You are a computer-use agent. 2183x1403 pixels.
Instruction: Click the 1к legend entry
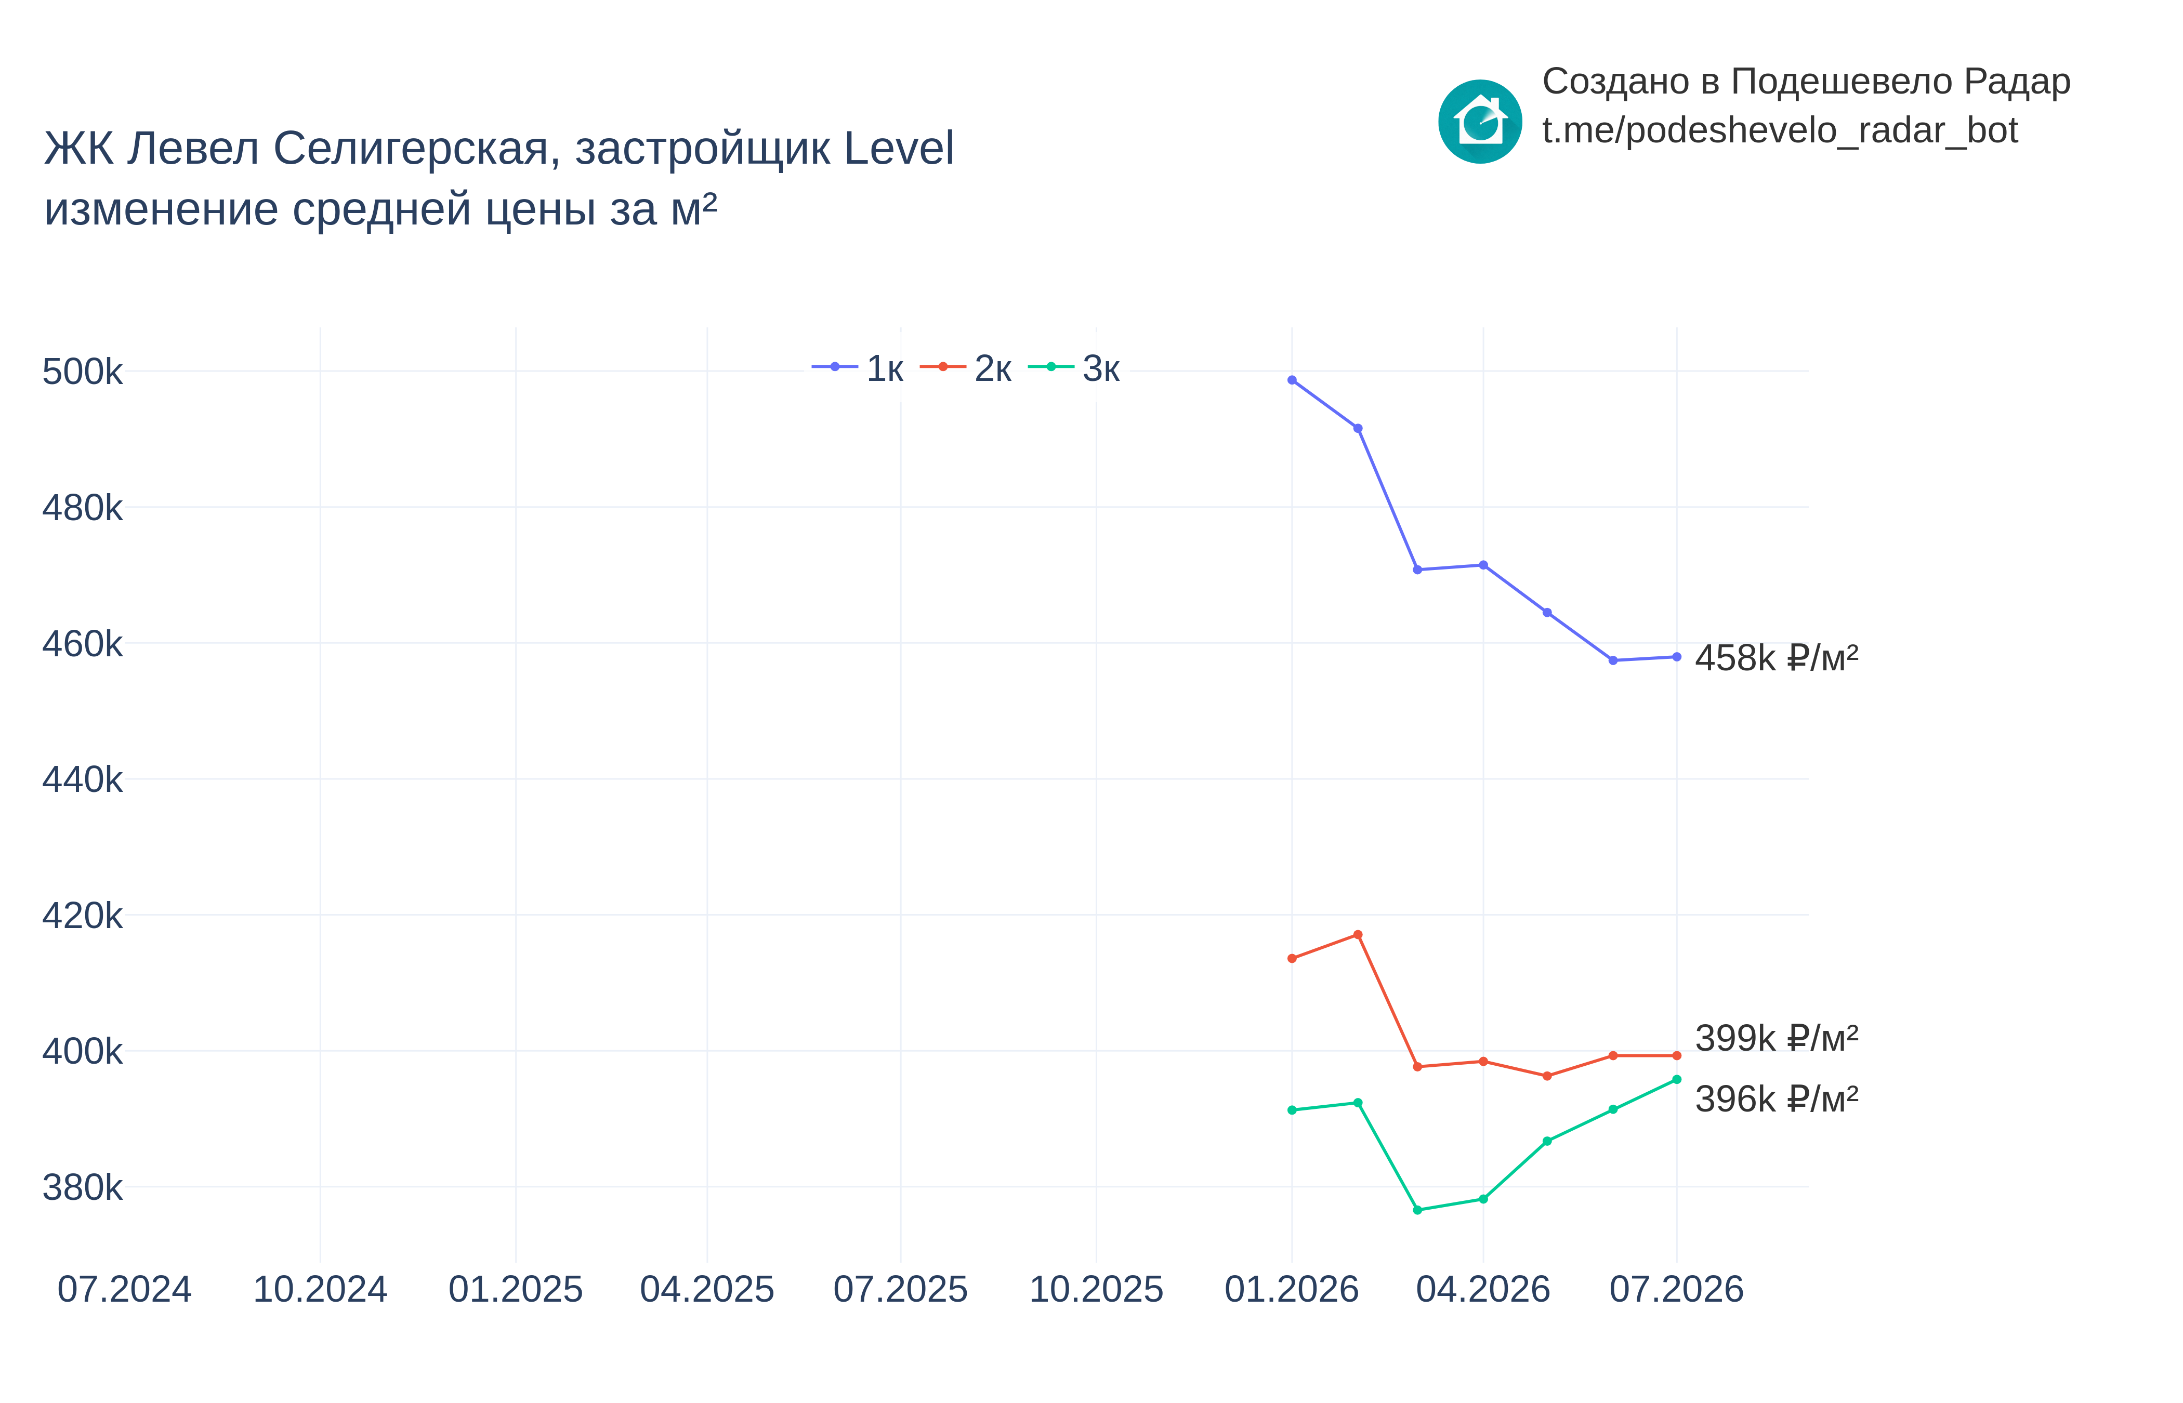tap(857, 368)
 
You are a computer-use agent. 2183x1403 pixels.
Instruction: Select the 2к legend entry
tap(966, 368)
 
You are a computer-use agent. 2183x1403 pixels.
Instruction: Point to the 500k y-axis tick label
tap(82, 372)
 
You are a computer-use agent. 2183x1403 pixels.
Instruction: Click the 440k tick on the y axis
tap(82, 780)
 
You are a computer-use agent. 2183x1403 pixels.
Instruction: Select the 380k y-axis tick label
tap(82, 1188)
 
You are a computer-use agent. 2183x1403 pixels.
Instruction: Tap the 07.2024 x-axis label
tap(125, 1290)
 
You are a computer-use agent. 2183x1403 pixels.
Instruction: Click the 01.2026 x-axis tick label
tap(1292, 1290)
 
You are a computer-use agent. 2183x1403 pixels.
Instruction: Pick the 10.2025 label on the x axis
tap(1096, 1290)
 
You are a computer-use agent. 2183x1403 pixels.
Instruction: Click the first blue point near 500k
tap(1292, 380)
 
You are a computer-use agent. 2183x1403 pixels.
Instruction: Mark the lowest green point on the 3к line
tap(1417, 1210)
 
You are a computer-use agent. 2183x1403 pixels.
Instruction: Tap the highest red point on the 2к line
tap(1358, 935)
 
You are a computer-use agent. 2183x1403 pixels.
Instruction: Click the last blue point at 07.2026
tap(1676, 657)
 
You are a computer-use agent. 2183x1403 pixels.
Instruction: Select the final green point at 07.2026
tap(1676, 1080)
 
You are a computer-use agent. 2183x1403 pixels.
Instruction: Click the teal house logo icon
tap(1480, 121)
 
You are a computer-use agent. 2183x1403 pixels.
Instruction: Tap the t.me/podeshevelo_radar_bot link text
tap(1779, 130)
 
